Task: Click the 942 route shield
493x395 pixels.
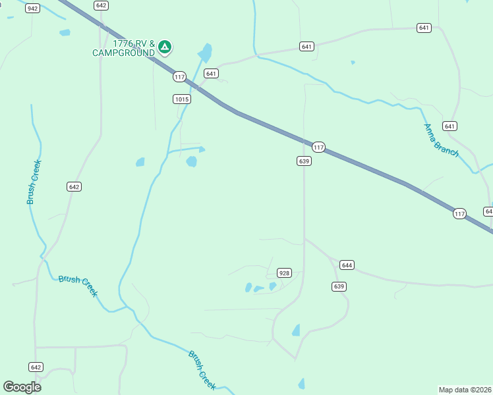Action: (32, 8)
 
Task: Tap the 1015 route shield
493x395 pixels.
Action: (182, 99)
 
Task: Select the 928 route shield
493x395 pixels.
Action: (284, 273)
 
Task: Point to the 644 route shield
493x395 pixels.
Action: (347, 265)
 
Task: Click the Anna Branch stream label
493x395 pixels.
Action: (440, 140)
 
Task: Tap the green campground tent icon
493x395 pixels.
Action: (165, 46)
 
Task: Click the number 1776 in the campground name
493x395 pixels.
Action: (124, 44)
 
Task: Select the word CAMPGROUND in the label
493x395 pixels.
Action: (123, 53)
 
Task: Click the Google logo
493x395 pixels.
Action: (22, 387)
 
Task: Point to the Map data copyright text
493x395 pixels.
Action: (465, 389)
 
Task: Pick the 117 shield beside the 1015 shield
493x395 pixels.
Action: (179, 77)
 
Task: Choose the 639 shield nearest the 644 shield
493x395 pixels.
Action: (339, 286)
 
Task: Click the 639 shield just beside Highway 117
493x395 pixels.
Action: (304, 161)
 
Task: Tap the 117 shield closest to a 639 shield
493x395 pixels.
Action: (319, 147)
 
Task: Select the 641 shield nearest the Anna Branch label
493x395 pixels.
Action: (449, 126)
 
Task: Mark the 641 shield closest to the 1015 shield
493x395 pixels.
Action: (211, 73)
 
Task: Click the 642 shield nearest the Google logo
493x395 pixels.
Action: (36, 367)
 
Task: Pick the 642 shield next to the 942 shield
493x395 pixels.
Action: (100, 5)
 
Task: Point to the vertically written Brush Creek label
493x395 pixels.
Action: (34, 182)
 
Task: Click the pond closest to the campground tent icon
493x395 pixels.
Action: (206, 53)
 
